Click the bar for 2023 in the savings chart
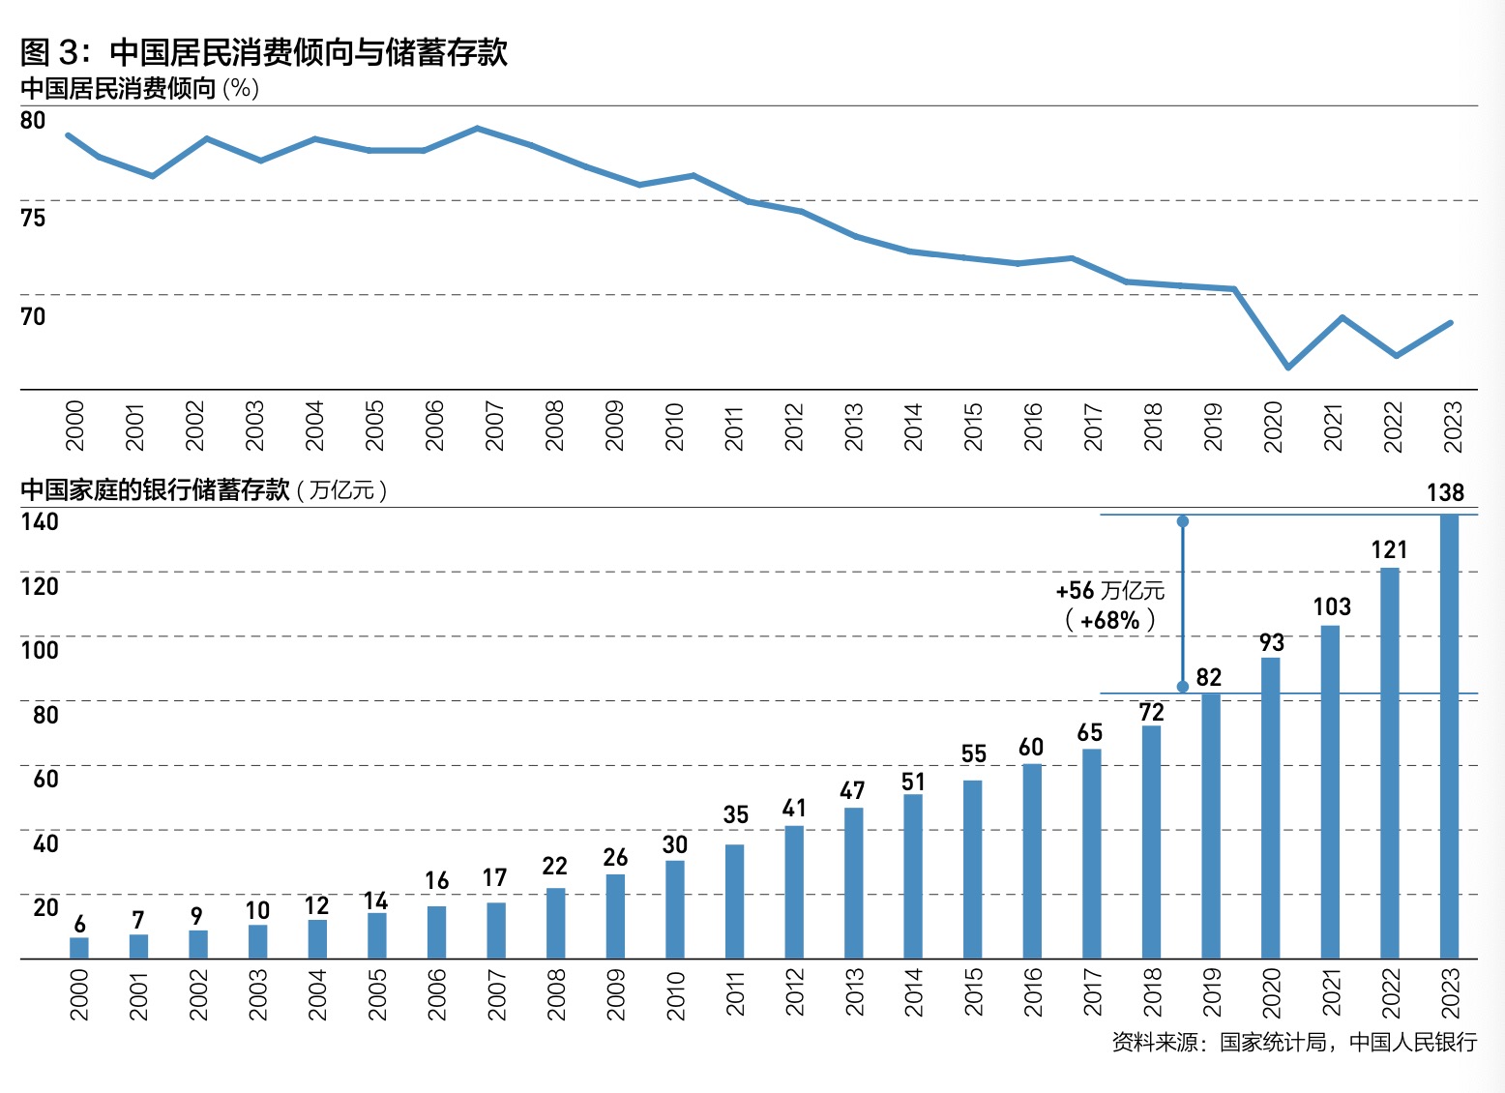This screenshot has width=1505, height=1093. tap(1449, 735)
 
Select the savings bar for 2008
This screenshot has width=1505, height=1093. tap(555, 923)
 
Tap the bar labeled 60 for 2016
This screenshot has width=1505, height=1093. tap(1032, 861)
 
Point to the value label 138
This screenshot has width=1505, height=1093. tap(1445, 492)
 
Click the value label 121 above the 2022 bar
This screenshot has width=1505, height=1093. tap(1389, 549)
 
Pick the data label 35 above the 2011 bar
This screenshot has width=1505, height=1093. tap(735, 814)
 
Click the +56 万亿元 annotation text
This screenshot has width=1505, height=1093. tap(1110, 590)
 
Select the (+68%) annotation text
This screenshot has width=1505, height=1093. tap(1110, 620)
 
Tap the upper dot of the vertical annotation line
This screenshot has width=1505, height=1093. tap(1182, 521)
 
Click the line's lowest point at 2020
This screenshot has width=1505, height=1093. tap(1288, 368)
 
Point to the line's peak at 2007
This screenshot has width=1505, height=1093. tap(478, 128)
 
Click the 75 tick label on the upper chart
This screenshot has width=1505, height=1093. tap(33, 218)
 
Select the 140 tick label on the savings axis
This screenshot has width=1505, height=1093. tap(40, 521)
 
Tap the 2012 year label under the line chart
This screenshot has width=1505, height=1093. tap(794, 427)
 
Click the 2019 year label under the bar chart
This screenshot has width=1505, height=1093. tap(1212, 993)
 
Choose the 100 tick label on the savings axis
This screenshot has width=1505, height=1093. tap(40, 649)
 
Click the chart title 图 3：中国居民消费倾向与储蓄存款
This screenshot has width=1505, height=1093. tap(264, 51)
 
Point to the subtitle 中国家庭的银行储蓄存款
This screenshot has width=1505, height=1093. tap(155, 489)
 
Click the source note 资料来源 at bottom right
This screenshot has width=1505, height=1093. tap(1294, 1042)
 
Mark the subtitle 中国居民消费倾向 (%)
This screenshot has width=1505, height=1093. tap(139, 88)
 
